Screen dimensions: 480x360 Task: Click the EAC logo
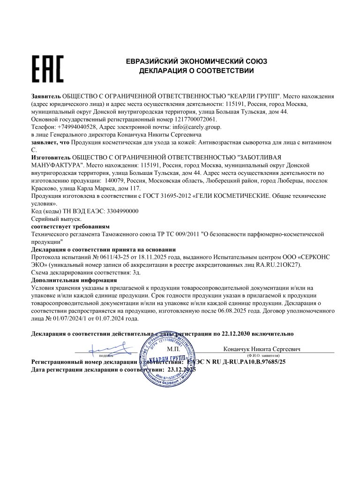(x=47, y=69)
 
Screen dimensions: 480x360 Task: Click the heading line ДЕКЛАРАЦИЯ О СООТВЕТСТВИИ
(x=196, y=71)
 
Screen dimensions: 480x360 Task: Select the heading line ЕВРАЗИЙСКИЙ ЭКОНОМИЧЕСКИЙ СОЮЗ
(x=196, y=61)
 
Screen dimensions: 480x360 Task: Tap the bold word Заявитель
(x=46, y=96)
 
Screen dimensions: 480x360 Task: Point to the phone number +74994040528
(x=77, y=127)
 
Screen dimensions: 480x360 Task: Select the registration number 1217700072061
(x=194, y=119)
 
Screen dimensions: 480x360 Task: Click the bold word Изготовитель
(x=50, y=157)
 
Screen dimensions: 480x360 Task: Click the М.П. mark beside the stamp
(x=174, y=349)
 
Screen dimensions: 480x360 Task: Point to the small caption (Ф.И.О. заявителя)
(x=263, y=356)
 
